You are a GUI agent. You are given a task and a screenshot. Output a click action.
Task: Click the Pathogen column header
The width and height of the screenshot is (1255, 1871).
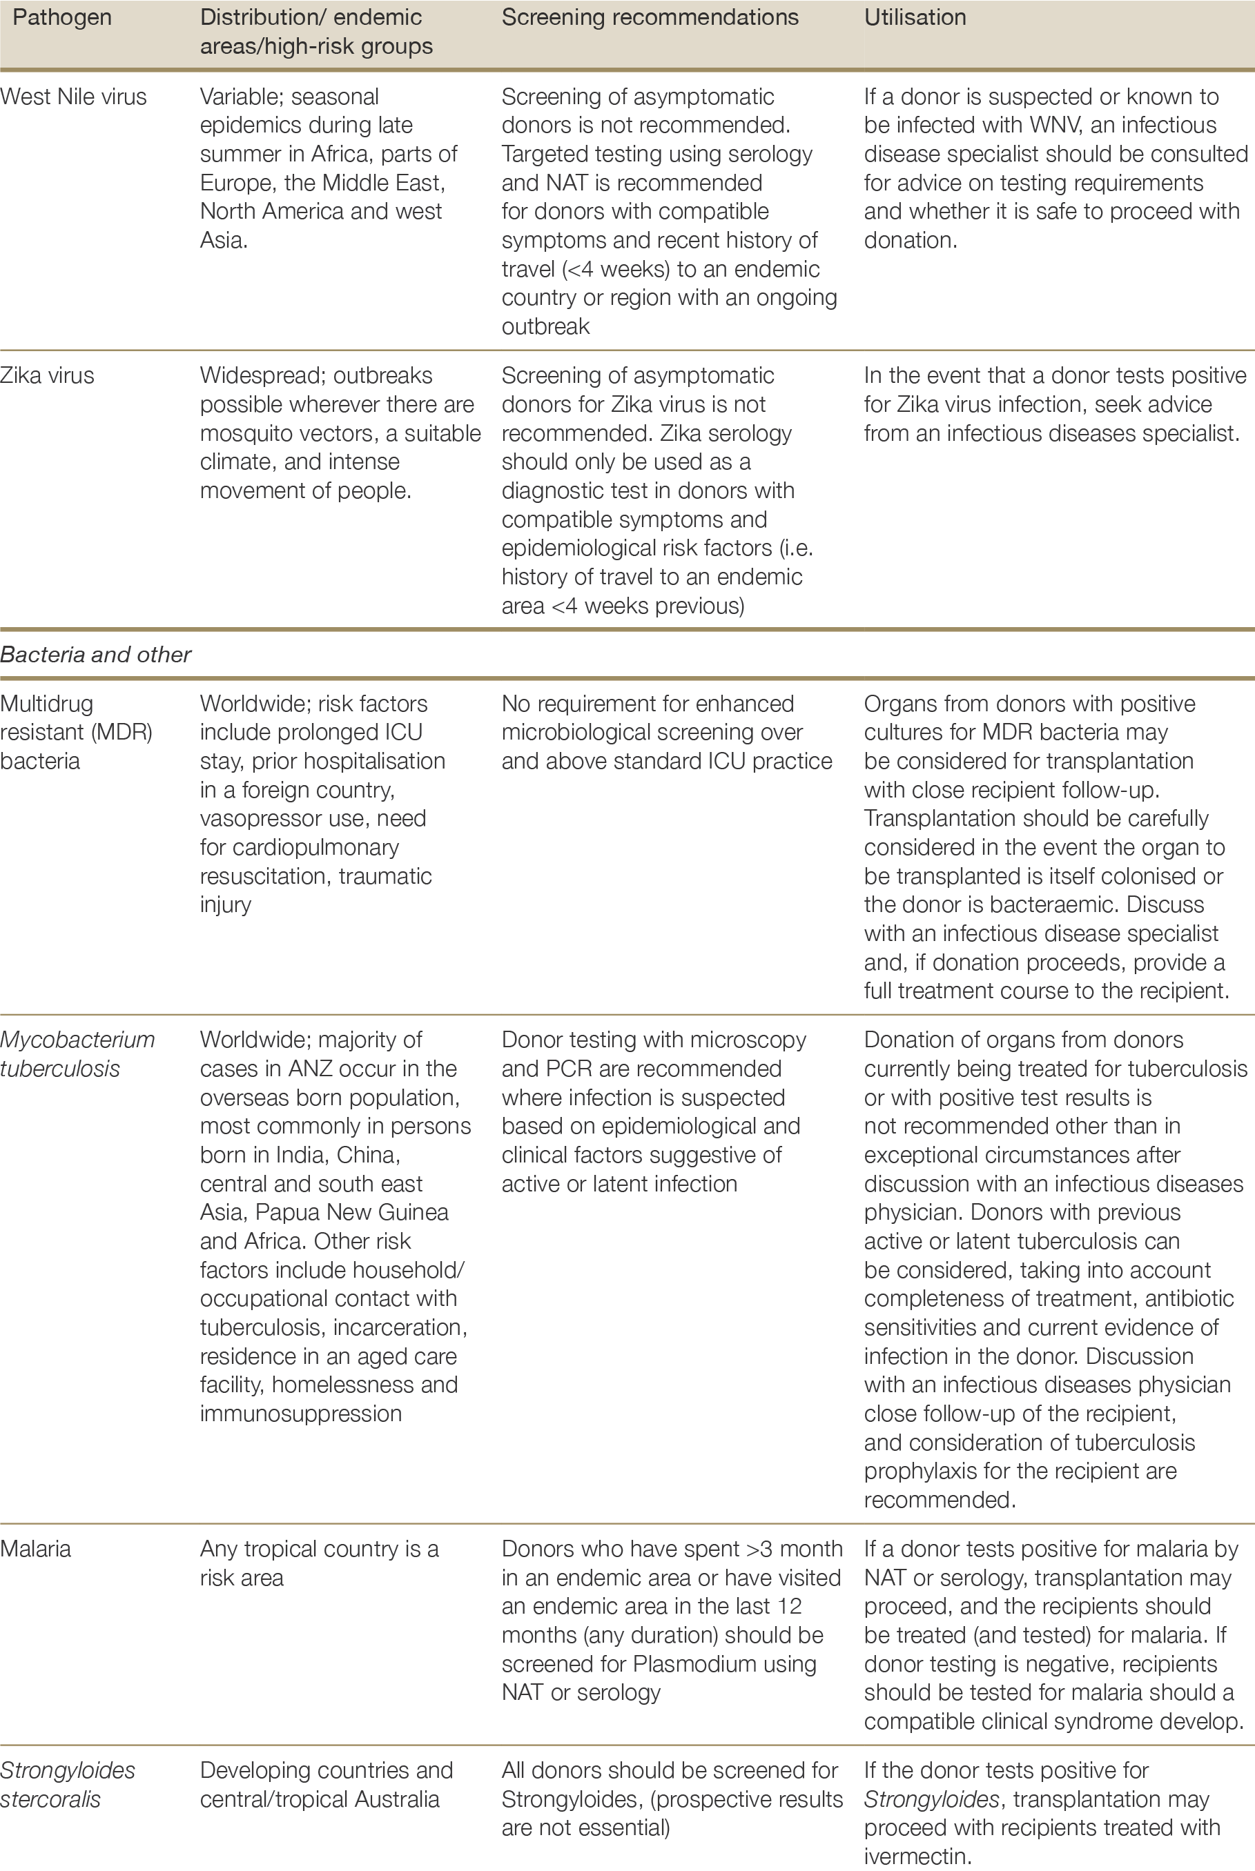(61, 18)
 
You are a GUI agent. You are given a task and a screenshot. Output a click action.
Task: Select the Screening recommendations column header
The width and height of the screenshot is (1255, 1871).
(649, 18)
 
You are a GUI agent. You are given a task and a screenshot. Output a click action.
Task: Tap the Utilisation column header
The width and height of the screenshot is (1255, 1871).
(915, 18)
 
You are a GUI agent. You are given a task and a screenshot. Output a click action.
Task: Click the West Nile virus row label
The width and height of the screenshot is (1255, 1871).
(74, 97)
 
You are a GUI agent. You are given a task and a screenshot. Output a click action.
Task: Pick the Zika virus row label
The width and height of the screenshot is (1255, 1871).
(47, 376)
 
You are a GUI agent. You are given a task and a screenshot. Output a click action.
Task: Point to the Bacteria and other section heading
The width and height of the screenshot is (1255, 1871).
(95, 654)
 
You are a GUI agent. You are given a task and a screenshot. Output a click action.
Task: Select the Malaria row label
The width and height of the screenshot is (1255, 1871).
(35, 1549)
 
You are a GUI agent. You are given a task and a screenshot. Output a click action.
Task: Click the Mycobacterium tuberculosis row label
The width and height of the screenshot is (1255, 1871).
(77, 1054)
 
